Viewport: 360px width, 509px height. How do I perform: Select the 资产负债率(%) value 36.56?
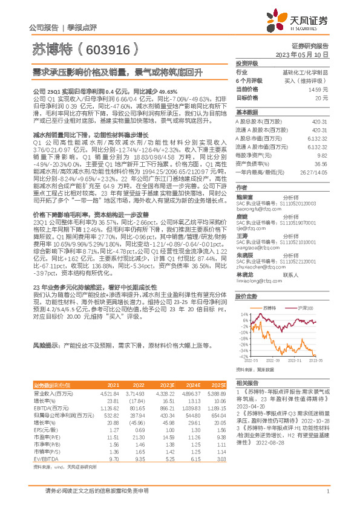click(x=320, y=163)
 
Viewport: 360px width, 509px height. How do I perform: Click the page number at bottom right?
click(x=327, y=491)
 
